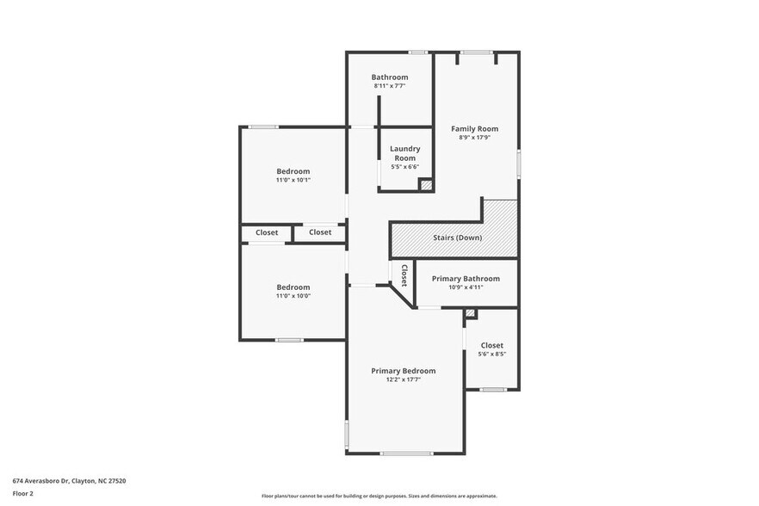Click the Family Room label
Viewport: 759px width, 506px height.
point(475,128)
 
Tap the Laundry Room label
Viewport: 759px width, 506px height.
point(404,153)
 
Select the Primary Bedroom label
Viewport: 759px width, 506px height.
point(403,371)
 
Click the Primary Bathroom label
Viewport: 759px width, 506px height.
point(466,278)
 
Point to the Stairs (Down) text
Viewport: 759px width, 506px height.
point(457,238)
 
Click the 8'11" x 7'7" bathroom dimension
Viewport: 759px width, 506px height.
point(390,86)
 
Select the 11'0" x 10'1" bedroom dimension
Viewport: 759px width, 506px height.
point(293,180)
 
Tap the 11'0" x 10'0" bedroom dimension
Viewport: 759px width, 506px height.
point(293,296)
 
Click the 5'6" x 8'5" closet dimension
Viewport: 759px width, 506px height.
point(491,354)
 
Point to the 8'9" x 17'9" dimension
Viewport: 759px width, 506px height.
point(475,137)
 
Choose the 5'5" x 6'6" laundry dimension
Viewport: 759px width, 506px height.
point(404,167)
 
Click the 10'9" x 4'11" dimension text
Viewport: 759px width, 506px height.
point(466,287)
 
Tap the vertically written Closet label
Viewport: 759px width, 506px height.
point(403,275)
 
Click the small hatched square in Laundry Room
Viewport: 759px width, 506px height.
point(425,184)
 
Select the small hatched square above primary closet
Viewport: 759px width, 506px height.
point(470,314)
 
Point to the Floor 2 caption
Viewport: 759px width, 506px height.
point(22,494)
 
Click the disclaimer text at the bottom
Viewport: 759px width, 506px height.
point(379,496)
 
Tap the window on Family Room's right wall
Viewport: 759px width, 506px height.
point(518,164)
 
